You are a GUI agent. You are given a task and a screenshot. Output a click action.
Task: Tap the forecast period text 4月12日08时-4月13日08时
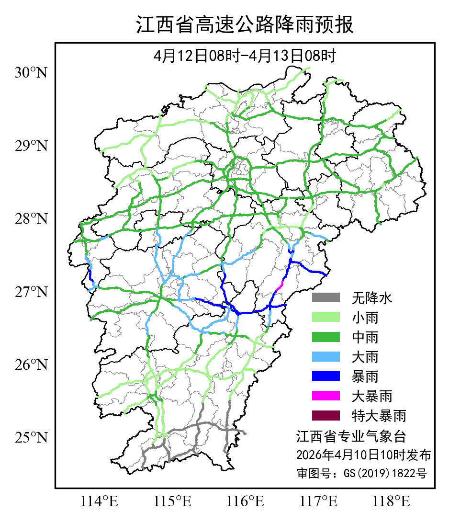(245, 56)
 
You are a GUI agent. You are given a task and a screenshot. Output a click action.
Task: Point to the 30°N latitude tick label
(32, 73)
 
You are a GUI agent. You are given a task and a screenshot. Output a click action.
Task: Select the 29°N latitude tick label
(32, 146)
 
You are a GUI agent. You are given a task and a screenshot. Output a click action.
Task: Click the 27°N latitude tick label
(32, 292)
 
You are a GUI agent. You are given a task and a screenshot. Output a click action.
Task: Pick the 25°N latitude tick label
(32, 438)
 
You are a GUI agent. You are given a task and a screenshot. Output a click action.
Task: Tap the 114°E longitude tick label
(100, 502)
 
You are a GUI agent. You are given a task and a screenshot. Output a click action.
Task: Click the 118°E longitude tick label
(391, 502)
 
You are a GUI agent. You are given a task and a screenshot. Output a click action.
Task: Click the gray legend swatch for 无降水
(326, 298)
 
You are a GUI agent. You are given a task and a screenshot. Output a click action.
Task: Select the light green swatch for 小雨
(326, 318)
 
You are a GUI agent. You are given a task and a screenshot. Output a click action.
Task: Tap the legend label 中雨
(365, 337)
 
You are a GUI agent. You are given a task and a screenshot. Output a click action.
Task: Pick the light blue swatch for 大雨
(326, 357)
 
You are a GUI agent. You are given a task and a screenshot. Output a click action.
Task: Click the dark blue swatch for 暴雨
(326, 376)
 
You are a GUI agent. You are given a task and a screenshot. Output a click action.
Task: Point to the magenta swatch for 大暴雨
(326, 396)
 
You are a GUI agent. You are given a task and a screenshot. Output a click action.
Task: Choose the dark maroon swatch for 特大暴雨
(326, 415)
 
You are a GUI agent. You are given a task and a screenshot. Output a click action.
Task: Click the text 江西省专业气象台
(351, 436)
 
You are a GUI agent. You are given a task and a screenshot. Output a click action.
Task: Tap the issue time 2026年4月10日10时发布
(363, 455)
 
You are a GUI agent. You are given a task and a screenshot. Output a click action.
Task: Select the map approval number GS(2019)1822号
(361, 473)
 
